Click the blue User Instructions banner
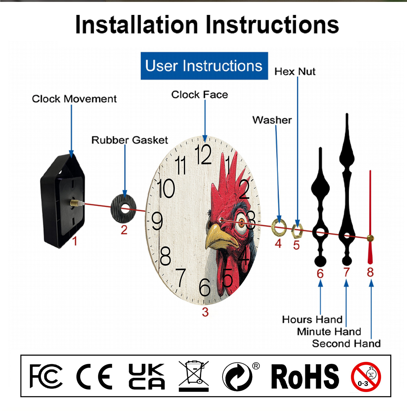pyautogui.click(x=204, y=66)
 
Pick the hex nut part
pyautogui.click(x=297, y=231)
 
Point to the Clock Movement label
pyautogui.click(x=74, y=99)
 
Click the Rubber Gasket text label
pyautogui.click(x=129, y=140)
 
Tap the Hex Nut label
pyautogui.click(x=295, y=72)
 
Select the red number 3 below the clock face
pyautogui.click(x=205, y=312)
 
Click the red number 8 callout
pyautogui.click(x=370, y=272)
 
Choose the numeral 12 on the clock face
pyautogui.click(x=203, y=154)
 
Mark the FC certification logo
pyautogui.click(x=46, y=376)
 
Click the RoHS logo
pyautogui.click(x=305, y=377)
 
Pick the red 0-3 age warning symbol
pyautogui.click(x=366, y=377)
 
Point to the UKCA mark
pyautogui.click(x=147, y=376)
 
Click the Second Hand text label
pyautogui.click(x=346, y=344)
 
